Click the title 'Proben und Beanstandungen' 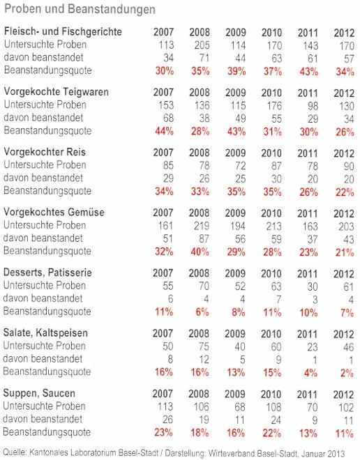tap(80, 9)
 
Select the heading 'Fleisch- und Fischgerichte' tap(63, 31)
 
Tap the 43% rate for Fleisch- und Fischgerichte tap(308, 71)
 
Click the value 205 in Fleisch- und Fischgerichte tap(202, 45)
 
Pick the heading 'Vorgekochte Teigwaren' tap(56, 91)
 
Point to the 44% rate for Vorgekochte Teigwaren tap(164, 131)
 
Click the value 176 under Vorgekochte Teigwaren tap(274, 106)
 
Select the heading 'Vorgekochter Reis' tap(45, 152)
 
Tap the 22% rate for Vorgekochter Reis tap(345, 192)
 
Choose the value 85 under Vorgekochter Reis tap(168, 165)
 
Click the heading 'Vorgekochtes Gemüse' tap(54, 212)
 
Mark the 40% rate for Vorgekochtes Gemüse tap(200, 252)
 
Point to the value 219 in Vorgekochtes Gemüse tap(202, 226)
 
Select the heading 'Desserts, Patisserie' tap(47, 273)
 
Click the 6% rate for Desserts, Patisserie tap(202, 312)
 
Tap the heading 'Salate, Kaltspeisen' tap(45, 333)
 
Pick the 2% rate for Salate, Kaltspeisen tap(347, 373)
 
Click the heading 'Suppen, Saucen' tap(39, 393)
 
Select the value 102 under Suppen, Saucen tap(345, 408)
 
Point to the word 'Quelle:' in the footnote tap(15, 452)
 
